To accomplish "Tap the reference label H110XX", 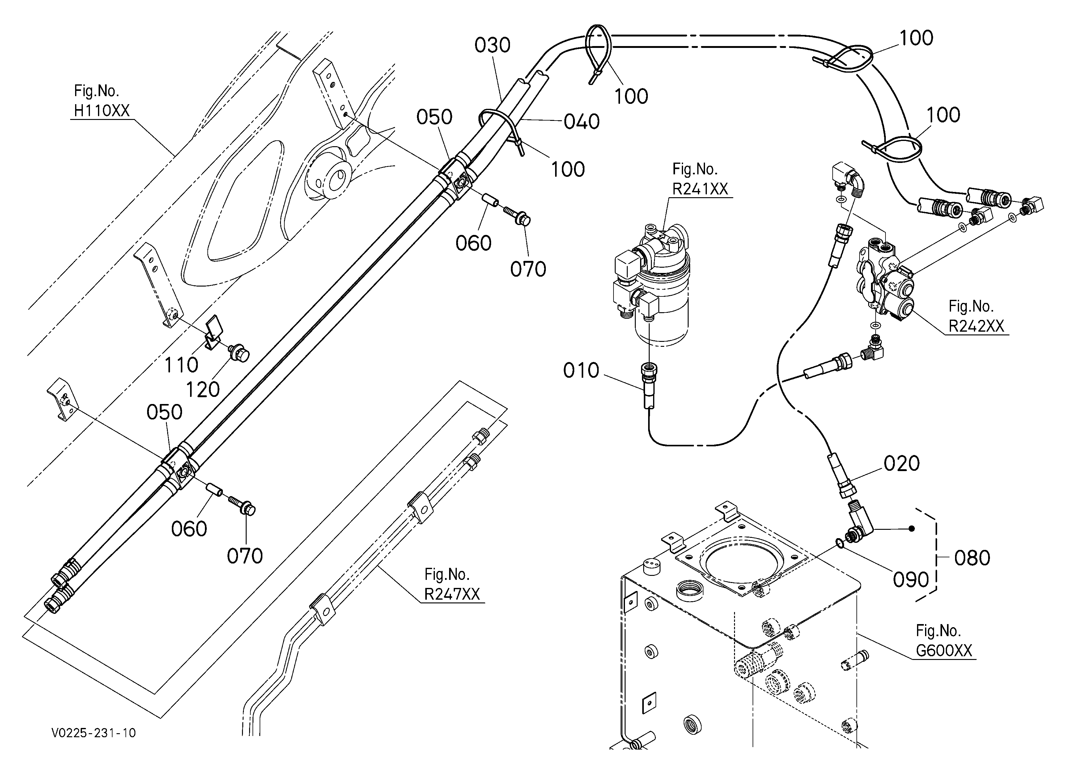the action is pyautogui.click(x=101, y=111).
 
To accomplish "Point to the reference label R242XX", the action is pyautogui.click(x=976, y=326).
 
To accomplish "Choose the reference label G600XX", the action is pyautogui.click(x=944, y=651).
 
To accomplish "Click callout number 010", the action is pyautogui.click(x=581, y=371).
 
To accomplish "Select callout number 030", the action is pyautogui.click(x=492, y=45).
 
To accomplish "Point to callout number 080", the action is pyautogui.click(x=972, y=558).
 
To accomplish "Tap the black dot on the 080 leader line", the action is pyautogui.click(x=911, y=529).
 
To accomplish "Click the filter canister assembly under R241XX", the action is pyautogui.click(x=653, y=287).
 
